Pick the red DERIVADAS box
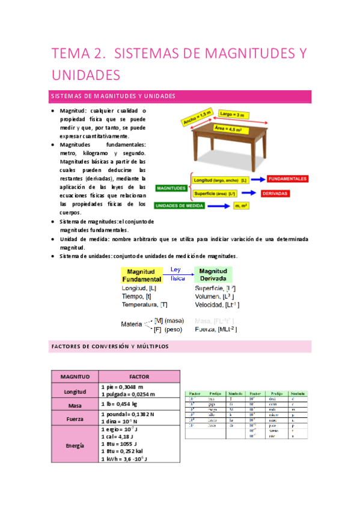[275, 194]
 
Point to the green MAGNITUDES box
[171, 188]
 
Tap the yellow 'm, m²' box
[242, 205]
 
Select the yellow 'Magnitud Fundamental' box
[142, 275]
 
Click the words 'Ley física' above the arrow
[176, 274]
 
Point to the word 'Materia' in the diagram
[132, 324]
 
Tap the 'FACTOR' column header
[139, 376]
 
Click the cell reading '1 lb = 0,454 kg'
[124, 404]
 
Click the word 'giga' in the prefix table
[212, 405]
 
